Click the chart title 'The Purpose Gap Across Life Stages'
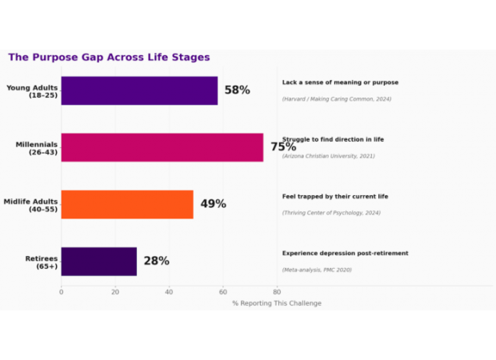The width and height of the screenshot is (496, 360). [x=109, y=58]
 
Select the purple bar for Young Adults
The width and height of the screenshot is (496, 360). [x=139, y=90]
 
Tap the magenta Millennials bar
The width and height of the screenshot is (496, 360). [x=162, y=147]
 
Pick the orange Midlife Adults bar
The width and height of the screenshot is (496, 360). [x=126, y=204]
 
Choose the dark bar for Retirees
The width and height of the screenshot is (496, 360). [x=98, y=261]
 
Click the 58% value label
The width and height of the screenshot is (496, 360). [x=237, y=90]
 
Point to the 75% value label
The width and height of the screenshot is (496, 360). [x=283, y=147]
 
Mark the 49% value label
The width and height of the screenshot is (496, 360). [x=213, y=204]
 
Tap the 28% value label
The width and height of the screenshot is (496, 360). [x=156, y=261]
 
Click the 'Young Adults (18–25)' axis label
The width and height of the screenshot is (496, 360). [x=31, y=90]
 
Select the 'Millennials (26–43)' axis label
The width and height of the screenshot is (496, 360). [x=36, y=148]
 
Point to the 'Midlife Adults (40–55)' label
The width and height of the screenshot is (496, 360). [x=30, y=205]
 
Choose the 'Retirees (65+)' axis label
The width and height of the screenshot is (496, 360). [x=41, y=262]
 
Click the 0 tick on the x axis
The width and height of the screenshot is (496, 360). [x=61, y=292]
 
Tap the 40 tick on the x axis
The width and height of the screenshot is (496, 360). [x=169, y=292]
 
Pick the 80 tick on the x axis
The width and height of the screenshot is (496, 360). [x=277, y=292]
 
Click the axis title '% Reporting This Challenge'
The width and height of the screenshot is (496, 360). [x=277, y=303]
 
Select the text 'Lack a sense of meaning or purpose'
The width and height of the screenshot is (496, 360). [x=340, y=82]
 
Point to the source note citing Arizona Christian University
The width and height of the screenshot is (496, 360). [x=328, y=156]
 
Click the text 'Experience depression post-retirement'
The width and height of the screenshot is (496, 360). [x=345, y=253]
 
